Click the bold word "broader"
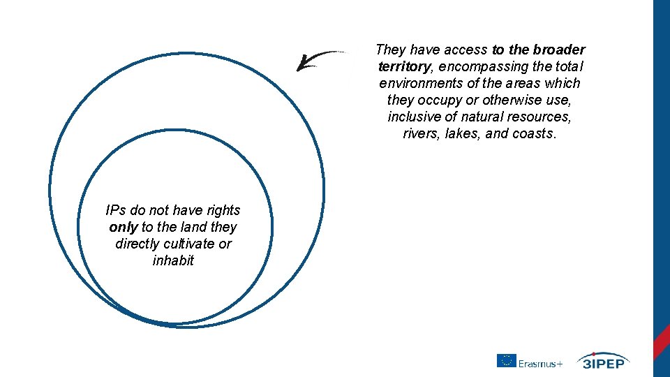[559, 50]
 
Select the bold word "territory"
[404, 66]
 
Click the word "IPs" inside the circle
[115, 210]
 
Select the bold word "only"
[124, 227]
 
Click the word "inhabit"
[173, 260]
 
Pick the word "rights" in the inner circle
[223, 210]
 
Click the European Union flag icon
[506, 361]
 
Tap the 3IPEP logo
[603, 360]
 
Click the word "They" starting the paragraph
[390, 50]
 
